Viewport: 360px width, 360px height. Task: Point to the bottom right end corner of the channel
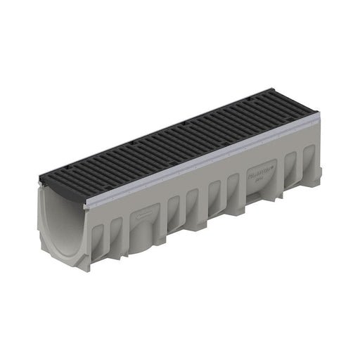click(x=321, y=186)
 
